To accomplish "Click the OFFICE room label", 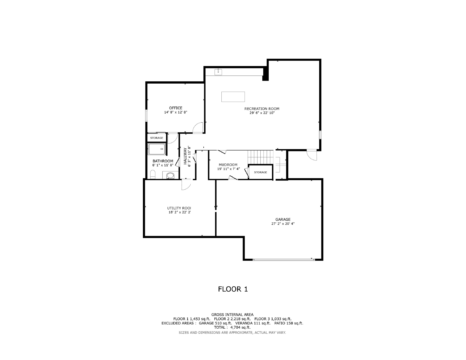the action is pos(176,108).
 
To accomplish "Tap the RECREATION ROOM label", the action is pos(262,109).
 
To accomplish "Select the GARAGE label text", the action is pos(283,219).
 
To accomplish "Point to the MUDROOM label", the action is pos(228,165).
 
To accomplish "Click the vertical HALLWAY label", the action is pos(185,156).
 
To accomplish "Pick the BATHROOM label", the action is pos(163,161).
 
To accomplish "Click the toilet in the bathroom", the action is pos(153,174).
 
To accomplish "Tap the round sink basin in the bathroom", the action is pos(170,176).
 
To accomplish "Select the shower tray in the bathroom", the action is pos(157,149).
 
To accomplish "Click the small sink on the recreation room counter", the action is pos(218,72).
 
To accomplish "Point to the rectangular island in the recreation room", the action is pos(233,97).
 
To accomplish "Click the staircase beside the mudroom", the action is pos(261,157).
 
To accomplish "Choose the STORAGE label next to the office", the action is pos(156,138).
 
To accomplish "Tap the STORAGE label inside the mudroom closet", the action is pos(261,172).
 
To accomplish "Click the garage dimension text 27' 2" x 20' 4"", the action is pos(283,223).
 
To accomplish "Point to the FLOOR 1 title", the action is pos(233,289).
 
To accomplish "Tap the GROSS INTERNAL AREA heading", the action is pos(232,315).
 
